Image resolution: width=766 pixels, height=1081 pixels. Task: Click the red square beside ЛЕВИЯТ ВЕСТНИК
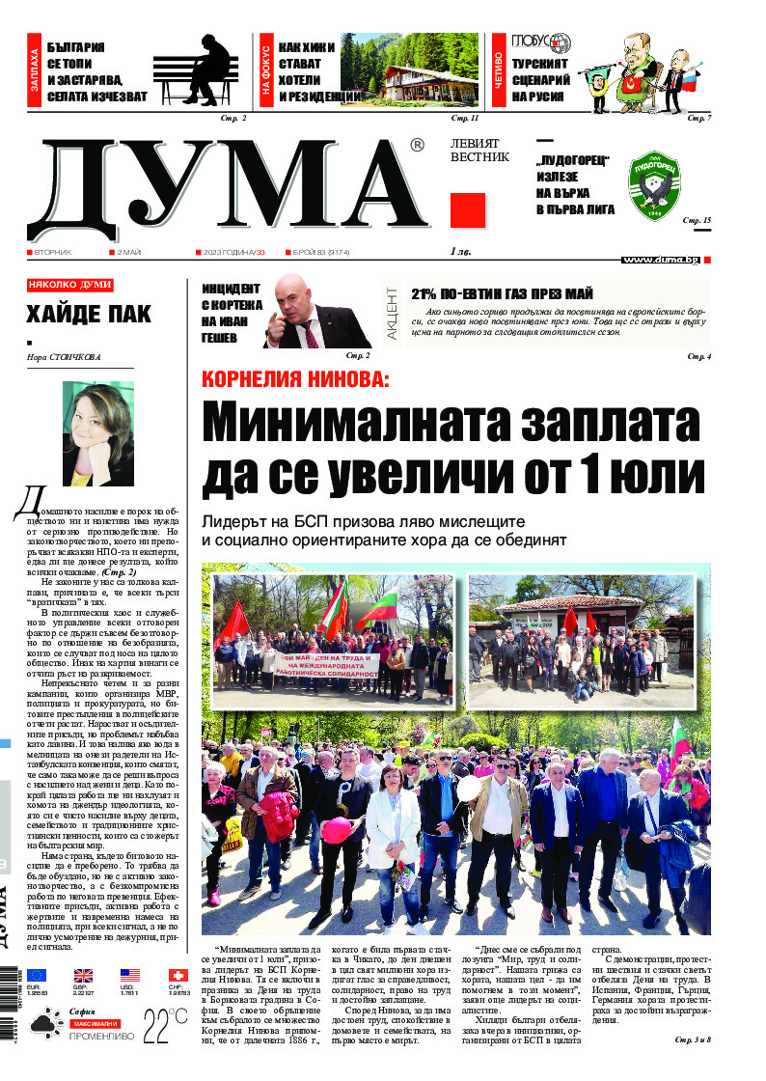[468, 210]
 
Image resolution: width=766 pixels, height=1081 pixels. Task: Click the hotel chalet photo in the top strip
[418, 70]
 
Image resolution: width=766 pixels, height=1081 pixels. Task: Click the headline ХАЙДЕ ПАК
[76, 314]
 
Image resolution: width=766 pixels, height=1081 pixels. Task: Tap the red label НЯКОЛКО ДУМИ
[69, 286]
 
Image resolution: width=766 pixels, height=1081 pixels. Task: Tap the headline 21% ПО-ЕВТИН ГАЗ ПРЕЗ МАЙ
[502, 294]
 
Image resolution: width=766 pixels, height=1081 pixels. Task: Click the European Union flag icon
[37, 976]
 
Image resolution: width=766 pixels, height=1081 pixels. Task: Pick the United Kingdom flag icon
[83, 976]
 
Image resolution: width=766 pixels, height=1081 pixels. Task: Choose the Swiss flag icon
[178, 976]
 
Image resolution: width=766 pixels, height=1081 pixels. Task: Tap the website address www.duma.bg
[660, 260]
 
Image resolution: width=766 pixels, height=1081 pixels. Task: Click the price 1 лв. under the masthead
[462, 253]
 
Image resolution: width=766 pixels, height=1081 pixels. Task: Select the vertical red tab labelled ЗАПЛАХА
[36, 71]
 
